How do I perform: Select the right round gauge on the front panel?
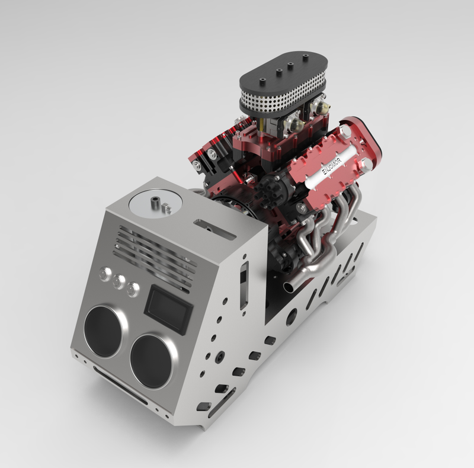point(152,360)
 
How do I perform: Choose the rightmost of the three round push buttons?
point(133,289)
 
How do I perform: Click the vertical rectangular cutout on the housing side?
point(244,287)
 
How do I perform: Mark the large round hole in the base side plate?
point(292,318)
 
